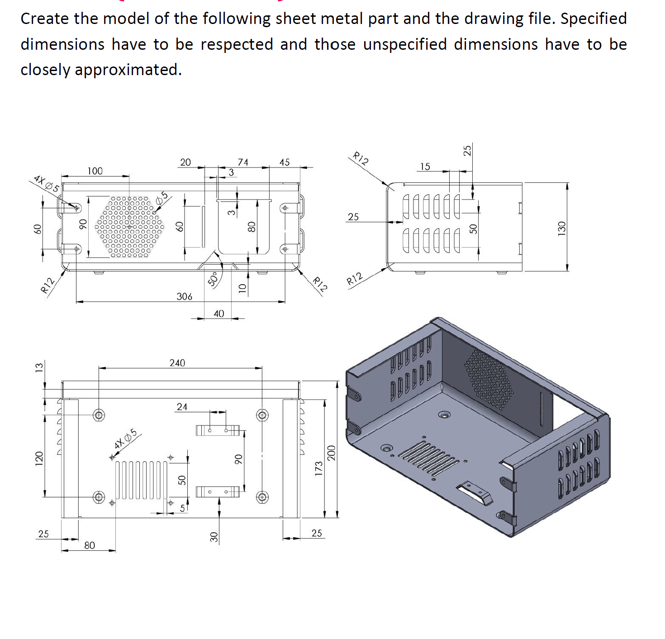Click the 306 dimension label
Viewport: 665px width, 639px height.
click(x=184, y=296)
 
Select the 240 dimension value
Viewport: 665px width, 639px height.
click(x=177, y=362)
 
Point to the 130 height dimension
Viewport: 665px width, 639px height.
click(x=561, y=228)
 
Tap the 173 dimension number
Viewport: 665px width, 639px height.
click(x=318, y=468)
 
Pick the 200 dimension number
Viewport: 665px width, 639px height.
click(x=331, y=453)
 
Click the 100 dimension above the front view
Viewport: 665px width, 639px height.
click(x=95, y=171)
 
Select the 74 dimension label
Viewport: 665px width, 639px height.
click(x=243, y=162)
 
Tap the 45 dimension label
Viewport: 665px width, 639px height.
click(x=284, y=162)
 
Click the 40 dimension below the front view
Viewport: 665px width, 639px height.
click(x=218, y=313)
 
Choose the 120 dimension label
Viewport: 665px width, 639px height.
click(x=39, y=458)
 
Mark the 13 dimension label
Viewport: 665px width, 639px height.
click(x=39, y=367)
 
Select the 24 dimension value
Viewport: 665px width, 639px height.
click(x=182, y=406)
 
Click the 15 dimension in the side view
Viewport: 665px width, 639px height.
click(x=425, y=166)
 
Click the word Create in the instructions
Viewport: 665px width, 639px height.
click(x=45, y=19)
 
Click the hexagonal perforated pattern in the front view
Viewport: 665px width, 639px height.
click(x=129, y=226)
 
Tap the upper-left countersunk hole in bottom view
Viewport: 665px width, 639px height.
click(x=99, y=415)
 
